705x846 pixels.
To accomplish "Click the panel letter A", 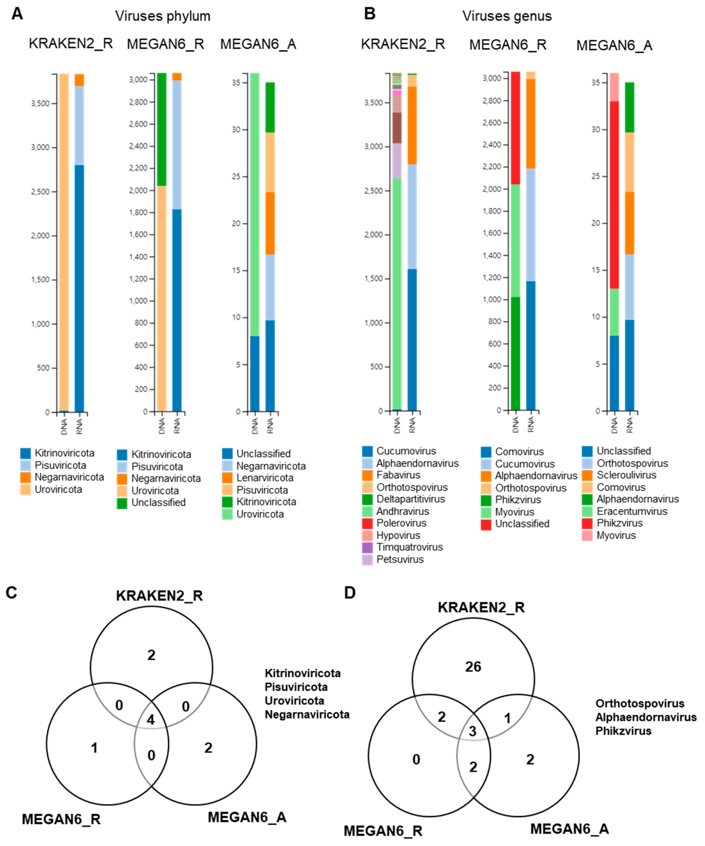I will pyautogui.click(x=17, y=14).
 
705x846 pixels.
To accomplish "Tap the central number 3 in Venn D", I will pyautogui.click(x=473, y=731).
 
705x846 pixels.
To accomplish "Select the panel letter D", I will pyautogui.click(x=350, y=593).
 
